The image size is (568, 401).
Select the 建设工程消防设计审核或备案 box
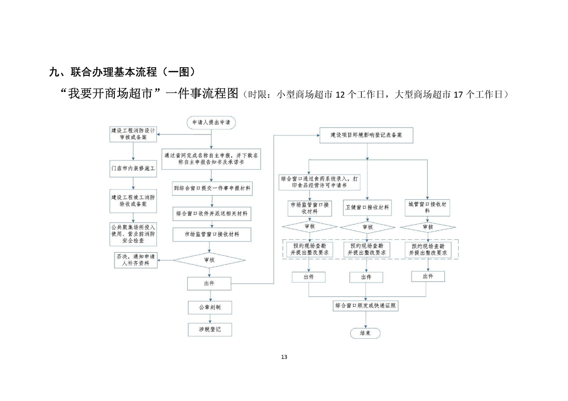[133, 133]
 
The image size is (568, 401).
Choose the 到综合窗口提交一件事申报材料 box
[212, 188]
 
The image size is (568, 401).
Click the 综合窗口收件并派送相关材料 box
[212, 213]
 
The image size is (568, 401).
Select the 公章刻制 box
[209, 307]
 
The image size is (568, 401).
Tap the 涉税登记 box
[209, 330]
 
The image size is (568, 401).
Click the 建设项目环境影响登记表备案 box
[366, 136]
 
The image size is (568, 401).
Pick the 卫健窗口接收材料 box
[367, 208]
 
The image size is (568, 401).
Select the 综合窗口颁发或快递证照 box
[365, 306]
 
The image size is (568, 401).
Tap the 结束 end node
[365, 333]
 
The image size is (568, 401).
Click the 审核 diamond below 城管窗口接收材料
[428, 227]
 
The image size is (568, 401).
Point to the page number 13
[283, 357]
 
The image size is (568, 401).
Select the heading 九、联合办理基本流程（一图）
[122, 72]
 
